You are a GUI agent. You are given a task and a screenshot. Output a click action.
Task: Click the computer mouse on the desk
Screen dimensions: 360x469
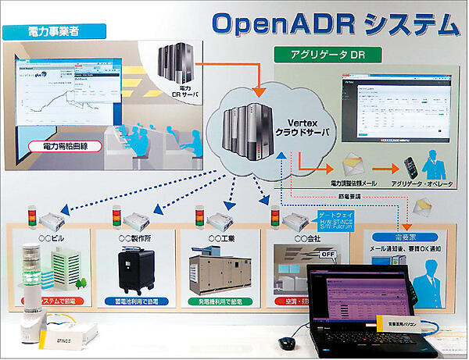tap(287, 343)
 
